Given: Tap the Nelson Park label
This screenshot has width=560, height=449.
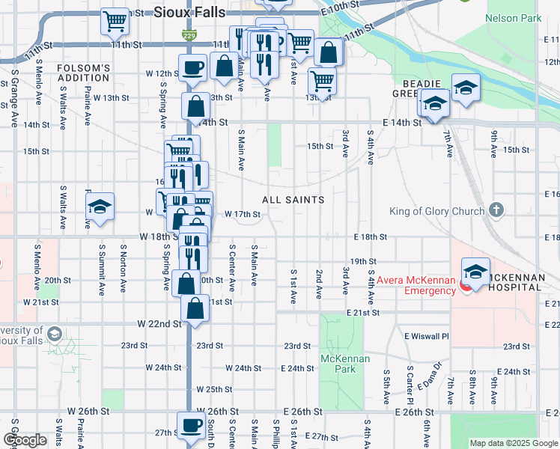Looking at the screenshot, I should click(x=513, y=17).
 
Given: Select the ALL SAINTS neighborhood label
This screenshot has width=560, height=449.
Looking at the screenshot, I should click(x=293, y=200).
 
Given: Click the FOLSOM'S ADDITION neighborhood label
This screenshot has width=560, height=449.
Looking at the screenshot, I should click(x=84, y=73).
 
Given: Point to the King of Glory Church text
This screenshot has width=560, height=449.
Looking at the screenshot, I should click(x=436, y=212).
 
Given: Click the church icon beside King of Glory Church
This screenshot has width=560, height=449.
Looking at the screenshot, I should click(x=494, y=211).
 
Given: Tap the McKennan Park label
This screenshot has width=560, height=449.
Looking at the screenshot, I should click(x=341, y=364).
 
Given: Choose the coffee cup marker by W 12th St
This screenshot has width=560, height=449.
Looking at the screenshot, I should click(x=192, y=67).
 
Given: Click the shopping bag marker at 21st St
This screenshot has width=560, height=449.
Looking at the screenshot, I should click(x=195, y=308).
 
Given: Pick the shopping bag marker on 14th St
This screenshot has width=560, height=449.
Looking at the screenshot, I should click(x=196, y=107).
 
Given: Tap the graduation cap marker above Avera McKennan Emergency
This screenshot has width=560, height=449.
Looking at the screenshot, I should click(x=475, y=271).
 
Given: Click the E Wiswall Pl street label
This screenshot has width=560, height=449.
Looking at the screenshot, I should click(x=426, y=336).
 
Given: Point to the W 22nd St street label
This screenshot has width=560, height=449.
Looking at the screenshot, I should click(x=159, y=324).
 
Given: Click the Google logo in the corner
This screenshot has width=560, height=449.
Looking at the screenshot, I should click(x=25, y=441).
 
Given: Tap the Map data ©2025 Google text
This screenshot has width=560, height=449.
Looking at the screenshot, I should click(x=513, y=443).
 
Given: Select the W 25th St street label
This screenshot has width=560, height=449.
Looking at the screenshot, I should click(x=214, y=389).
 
